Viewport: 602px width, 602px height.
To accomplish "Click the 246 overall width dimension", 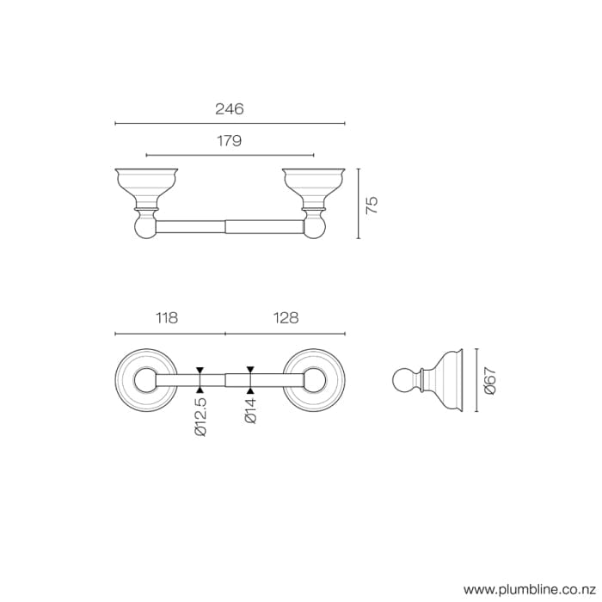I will (x=230, y=109).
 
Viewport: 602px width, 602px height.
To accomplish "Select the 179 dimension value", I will (x=229, y=141).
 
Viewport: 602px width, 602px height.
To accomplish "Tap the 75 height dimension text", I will (x=372, y=204).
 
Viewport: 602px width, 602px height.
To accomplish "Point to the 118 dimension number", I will (x=166, y=318).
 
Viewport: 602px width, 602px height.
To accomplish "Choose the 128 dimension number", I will (x=286, y=318).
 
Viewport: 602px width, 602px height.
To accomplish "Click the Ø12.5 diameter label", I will (x=200, y=416).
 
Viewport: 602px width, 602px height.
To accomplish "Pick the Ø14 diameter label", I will (x=250, y=408).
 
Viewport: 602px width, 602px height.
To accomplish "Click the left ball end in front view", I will (x=146, y=227).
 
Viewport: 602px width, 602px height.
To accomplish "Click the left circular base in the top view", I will (x=142, y=379).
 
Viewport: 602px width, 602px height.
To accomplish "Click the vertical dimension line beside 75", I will (x=357, y=204).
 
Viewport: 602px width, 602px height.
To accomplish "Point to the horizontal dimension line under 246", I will (x=230, y=123).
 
